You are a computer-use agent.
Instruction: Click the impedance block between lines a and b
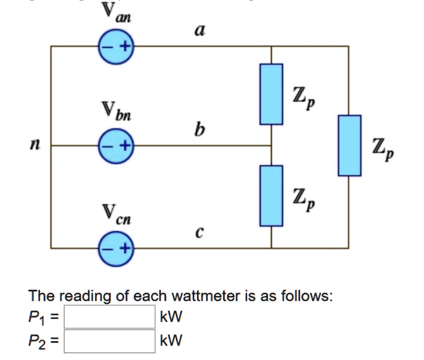click(x=271, y=94)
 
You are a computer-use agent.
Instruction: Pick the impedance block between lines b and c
click(x=271, y=195)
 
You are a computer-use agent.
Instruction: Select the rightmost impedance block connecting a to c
click(x=349, y=145)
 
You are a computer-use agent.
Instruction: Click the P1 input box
click(x=110, y=316)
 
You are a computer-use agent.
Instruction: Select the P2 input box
click(x=110, y=341)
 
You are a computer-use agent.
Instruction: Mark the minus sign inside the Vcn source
click(x=107, y=249)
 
